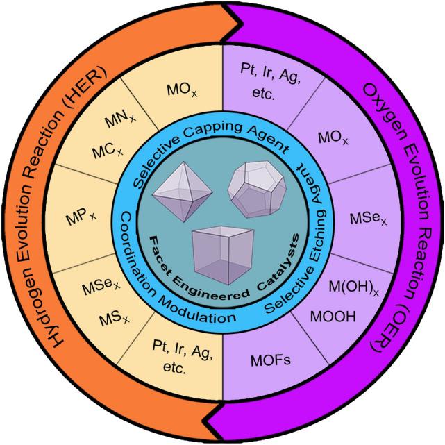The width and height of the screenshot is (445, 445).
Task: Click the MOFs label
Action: point(267,360)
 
